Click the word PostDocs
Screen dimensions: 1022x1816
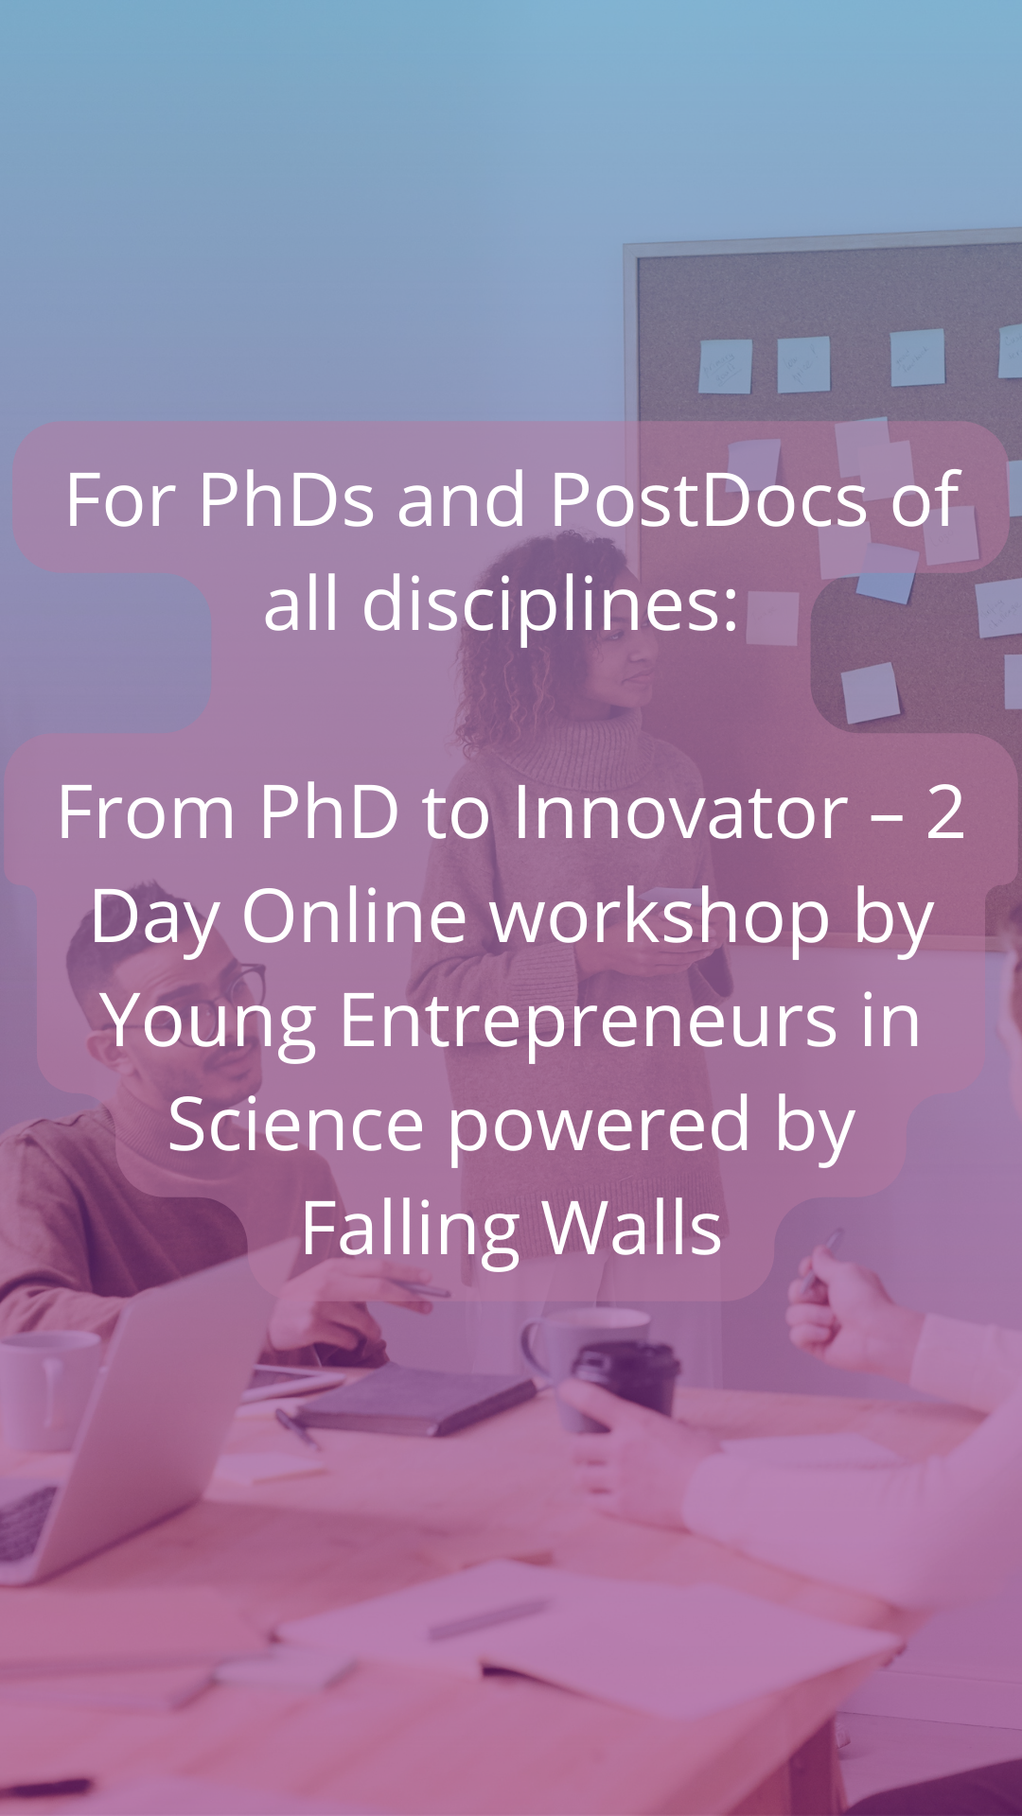[x=708, y=499]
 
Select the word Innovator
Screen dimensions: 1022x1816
[x=680, y=812]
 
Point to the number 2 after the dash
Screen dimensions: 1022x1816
[x=945, y=812]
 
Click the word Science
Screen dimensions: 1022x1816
[x=295, y=1125]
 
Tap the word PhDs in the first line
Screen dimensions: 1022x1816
[x=287, y=499]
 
